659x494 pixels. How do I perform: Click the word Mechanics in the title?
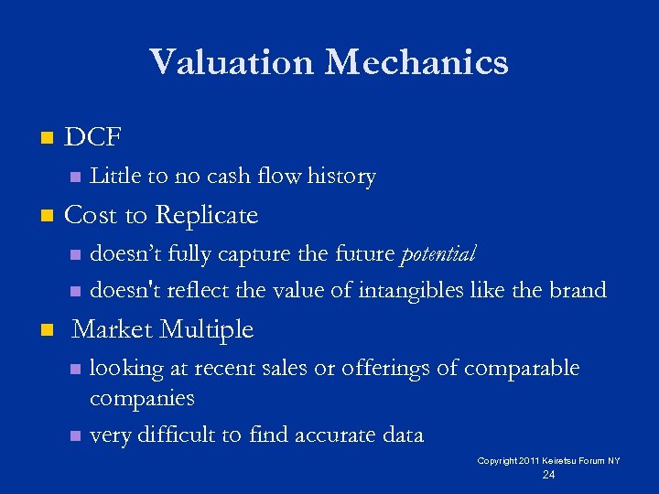(x=417, y=62)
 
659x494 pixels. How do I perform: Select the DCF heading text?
(x=93, y=138)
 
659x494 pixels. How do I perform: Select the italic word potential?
(x=439, y=253)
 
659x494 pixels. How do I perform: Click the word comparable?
(x=522, y=368)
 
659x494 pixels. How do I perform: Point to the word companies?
(x=142, y=398)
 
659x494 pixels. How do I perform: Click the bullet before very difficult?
(x=76, y=436)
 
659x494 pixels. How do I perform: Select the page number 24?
(x=548, y=475)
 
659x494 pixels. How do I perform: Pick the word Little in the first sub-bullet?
(x=113, y=176)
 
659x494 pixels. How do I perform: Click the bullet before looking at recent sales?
(x=76, y=370)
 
